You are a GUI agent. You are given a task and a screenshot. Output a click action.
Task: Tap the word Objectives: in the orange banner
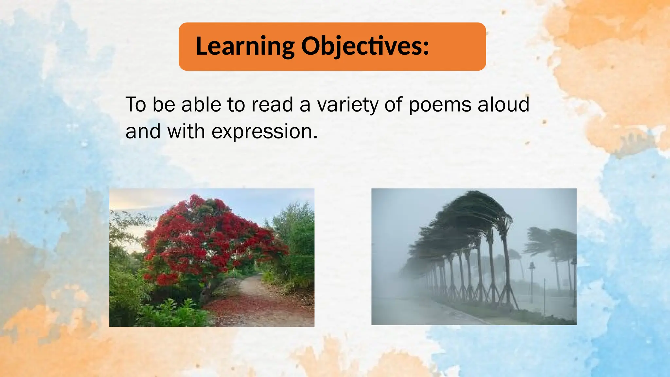tap(365, 46)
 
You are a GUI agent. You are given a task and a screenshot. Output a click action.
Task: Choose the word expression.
tap(264, 132)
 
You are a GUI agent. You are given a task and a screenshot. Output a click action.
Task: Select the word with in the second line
tap(186, 132)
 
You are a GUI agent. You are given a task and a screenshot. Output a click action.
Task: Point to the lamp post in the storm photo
tap(532, 281)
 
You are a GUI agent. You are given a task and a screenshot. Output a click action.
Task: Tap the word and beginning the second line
tap(143, 132)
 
